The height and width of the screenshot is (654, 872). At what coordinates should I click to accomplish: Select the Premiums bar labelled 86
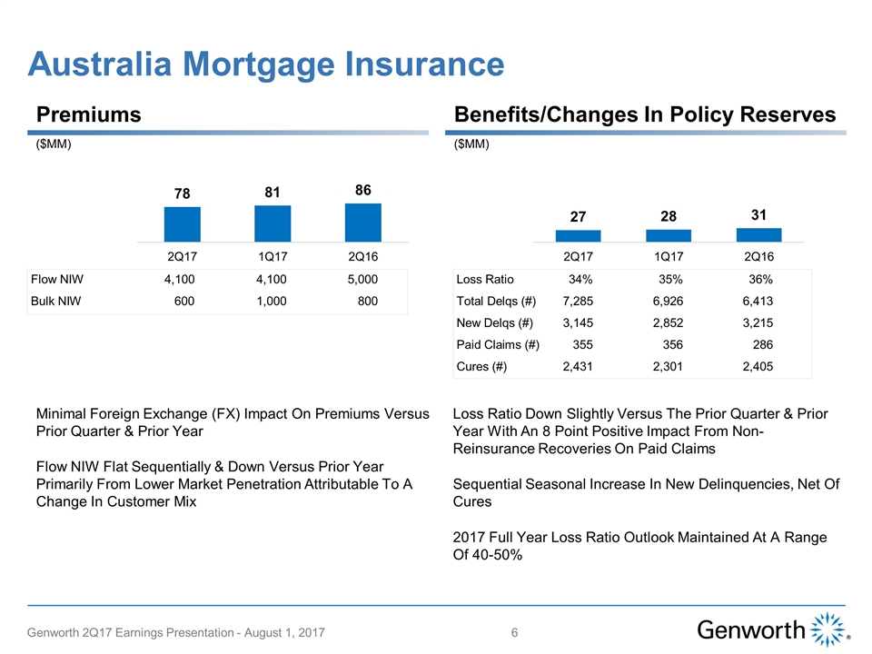click(x=363, y=222)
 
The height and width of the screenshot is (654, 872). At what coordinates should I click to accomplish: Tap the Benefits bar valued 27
click(x=578, y=235)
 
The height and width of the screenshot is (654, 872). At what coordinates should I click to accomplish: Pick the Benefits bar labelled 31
click(x=759, y=234)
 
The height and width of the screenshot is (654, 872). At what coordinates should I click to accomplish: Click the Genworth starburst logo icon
click(x=827, y=630)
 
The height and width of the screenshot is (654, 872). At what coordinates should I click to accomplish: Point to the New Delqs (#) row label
click(x=495, y=322)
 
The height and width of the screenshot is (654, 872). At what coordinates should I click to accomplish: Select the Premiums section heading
click(x=89, y=114)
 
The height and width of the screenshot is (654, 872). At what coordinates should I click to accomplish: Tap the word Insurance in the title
click(x=414, y=64)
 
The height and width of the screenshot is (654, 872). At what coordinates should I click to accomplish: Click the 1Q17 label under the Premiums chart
click(x=272, y=256)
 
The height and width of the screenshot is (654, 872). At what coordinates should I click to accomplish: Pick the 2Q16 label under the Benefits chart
click(x=759, y=256)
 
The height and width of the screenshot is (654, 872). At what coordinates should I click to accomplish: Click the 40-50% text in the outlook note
click(x=496, y=555)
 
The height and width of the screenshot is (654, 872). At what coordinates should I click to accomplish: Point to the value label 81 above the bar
click(x=272, y=193)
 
